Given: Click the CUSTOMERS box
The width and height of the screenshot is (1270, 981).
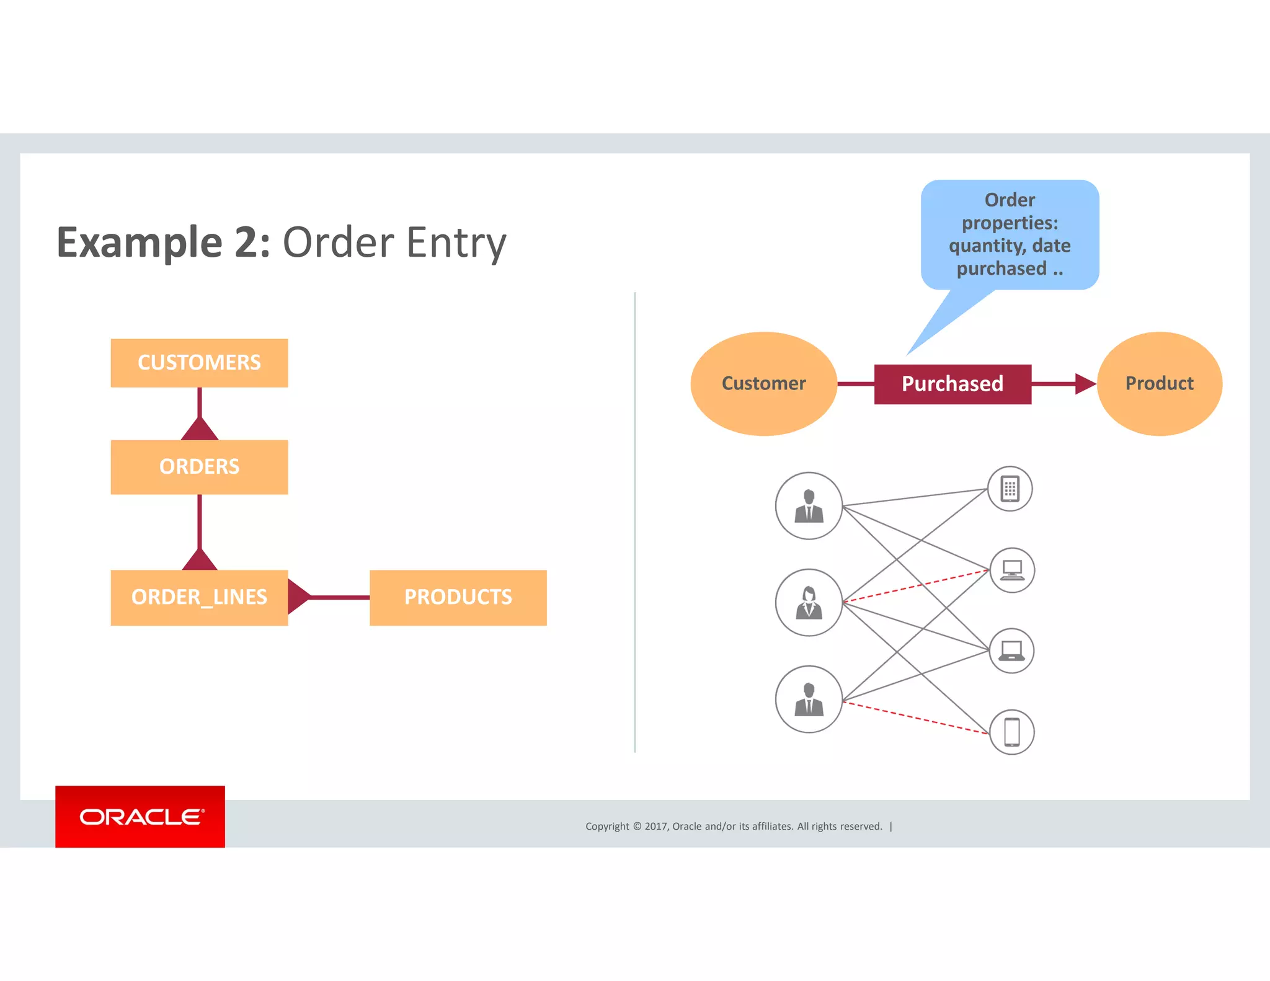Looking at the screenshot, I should [x=199, y=363].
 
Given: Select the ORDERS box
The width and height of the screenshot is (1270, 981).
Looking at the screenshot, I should [x=199, y=466].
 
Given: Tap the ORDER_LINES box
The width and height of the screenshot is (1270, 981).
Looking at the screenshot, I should [x=199, y=597].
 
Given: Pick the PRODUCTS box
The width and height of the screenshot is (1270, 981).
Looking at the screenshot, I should [x=458, y=597].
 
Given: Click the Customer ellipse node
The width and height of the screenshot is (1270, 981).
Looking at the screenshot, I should [x=763, y=383].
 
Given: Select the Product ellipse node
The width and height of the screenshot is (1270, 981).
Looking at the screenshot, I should [x=1159, y=383].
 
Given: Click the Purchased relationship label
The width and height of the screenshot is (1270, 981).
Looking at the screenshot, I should [x=952, y=384].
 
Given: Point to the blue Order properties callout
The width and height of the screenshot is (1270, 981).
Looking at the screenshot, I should [x=1010, y=234].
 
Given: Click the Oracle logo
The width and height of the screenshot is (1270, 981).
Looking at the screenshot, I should [x=140, y=817].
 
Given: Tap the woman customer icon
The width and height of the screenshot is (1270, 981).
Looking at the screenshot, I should [x=809, y=602].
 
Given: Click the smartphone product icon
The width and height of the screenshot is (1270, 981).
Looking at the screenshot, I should [x=1011, y=732].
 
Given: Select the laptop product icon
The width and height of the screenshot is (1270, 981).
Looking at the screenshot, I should [x=1011, y=650].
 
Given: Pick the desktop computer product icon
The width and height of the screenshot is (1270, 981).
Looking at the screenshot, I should [x=1012, y=570].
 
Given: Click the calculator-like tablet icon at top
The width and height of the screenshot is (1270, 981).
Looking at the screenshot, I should [x=1010, y=489].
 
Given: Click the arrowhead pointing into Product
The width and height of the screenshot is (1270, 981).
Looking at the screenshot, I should [x=1085, y=384].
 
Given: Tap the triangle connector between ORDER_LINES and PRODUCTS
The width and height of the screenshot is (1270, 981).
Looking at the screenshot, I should [x=298, y=597].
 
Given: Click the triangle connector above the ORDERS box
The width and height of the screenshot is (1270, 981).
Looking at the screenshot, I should [x=199, y=429].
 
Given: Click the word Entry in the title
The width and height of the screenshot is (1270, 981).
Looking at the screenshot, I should [x=456, y=242].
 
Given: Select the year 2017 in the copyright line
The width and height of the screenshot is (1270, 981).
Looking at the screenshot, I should [x=656, y=826].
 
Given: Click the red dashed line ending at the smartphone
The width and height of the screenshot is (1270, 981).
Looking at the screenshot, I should [x=916, y=717].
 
